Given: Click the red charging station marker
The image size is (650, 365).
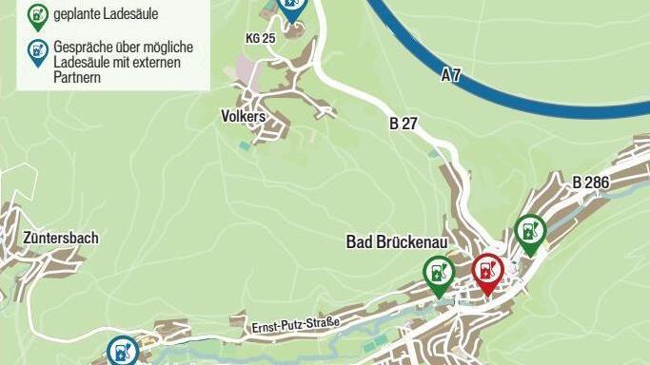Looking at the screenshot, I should click(x=487, y=272).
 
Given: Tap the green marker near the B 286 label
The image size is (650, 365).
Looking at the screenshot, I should click(x=529, y=232).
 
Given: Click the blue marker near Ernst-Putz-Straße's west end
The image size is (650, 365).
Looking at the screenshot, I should click(x=121, y=352).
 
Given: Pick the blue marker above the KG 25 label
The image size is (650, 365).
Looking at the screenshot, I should click(x=292, y=9).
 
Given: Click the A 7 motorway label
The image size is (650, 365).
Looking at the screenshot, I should click(x=451, y=75).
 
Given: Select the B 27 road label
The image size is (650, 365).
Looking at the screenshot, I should click(x=404, y=123).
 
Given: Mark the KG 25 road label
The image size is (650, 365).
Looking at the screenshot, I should click(x=260, y=38).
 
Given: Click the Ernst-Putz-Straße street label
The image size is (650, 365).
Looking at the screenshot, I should click(x=296, y=326).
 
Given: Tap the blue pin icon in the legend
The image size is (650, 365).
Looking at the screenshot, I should click(x=38, y=52).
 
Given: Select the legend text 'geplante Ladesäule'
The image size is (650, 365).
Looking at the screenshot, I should click(x=106, y=14).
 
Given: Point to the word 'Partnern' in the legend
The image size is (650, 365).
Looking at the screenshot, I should click(x=75, y=78).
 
